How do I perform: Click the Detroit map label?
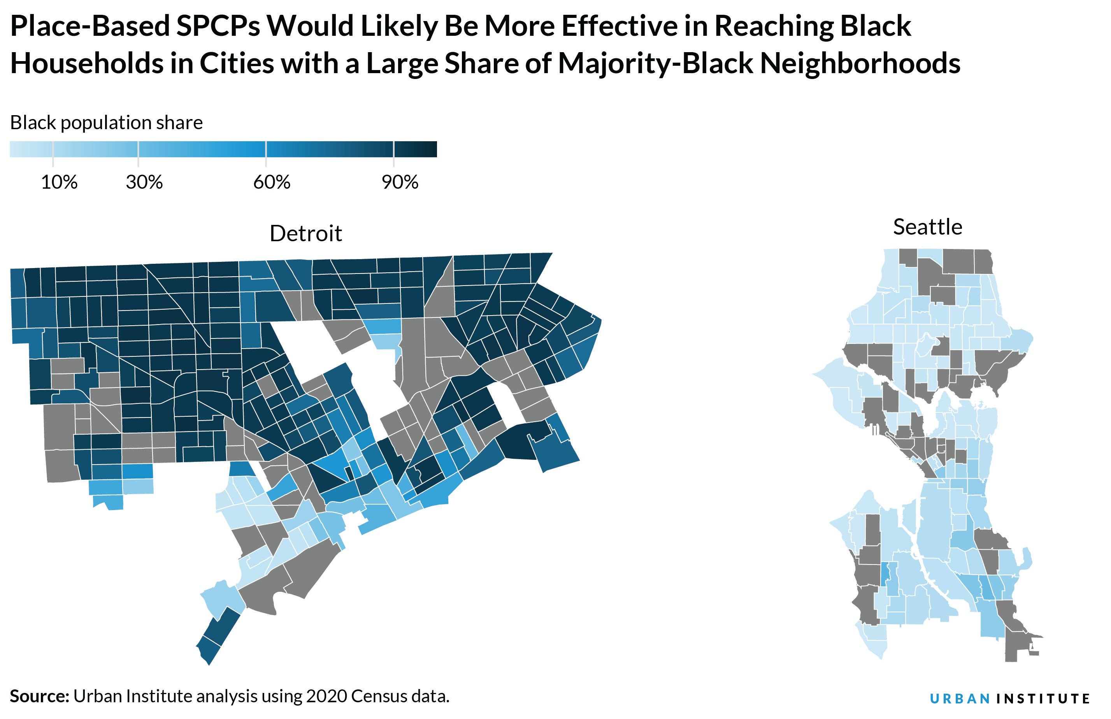[306, 233]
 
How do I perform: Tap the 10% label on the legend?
[59, 182]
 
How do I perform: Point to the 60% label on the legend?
[272, 182]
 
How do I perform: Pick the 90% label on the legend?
[400, 182]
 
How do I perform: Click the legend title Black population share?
[107, 123]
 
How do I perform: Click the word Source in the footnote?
[38, 696]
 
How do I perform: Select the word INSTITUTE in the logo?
[1043, 698]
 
